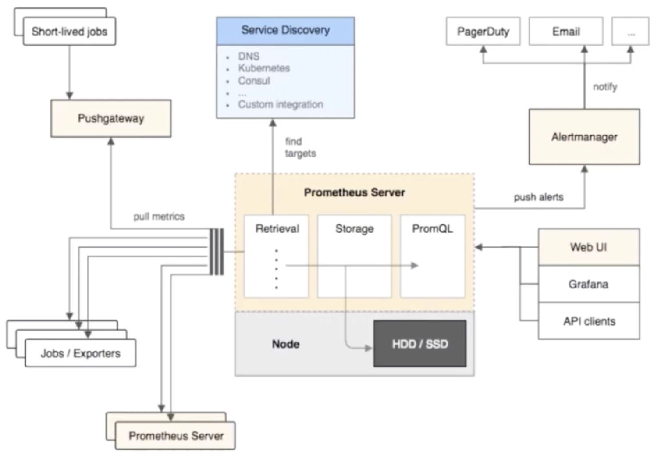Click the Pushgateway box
[x=111, y=118]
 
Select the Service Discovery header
[x=285, y=31]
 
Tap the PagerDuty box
[x=483, y=31]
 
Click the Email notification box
[x=566, y=31]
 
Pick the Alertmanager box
[x=584, y=137]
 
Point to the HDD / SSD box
[x=420, y=344]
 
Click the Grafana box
[x=589, y=284]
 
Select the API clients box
[x=589, y=321]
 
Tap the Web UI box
[x=589, y=247]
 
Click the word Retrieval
[x=277, y=228]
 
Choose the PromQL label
[x=432, y=228]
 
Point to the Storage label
[x=355, y=229]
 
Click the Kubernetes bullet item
[x=264, y=68]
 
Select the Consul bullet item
[x=254, y=81]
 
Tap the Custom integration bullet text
[x=281, y=104]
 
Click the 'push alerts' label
[x=539, y=197]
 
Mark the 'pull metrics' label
[x=159, y=217]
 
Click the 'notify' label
[x=605, y=87]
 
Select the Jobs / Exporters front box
[x=81, y=353]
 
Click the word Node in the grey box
[x=285, y=344]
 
